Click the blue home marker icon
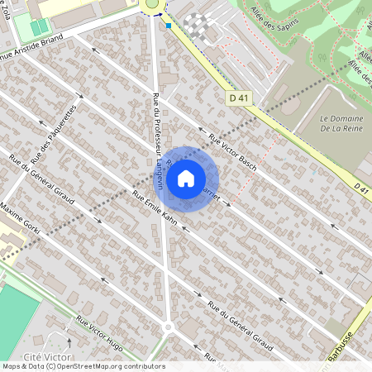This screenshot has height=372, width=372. tap(186, 178)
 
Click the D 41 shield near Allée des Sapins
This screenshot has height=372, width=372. tap(239, 98)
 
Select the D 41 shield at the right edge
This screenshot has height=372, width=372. tap(361, 188)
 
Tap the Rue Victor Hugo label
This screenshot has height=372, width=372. tap(99, 331)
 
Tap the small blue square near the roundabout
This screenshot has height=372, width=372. tap(169, 26)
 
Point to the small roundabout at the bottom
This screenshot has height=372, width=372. tap(168, 327)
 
